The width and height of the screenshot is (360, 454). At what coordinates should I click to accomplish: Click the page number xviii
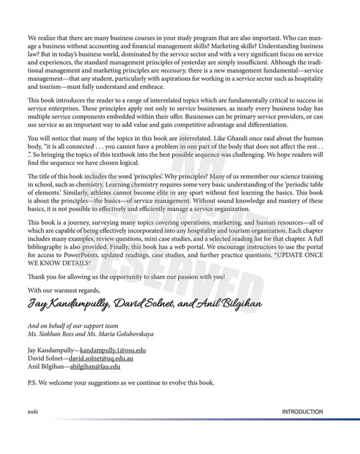(x=33, y=412)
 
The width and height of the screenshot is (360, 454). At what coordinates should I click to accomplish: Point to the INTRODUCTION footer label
(x=302, y=412)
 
